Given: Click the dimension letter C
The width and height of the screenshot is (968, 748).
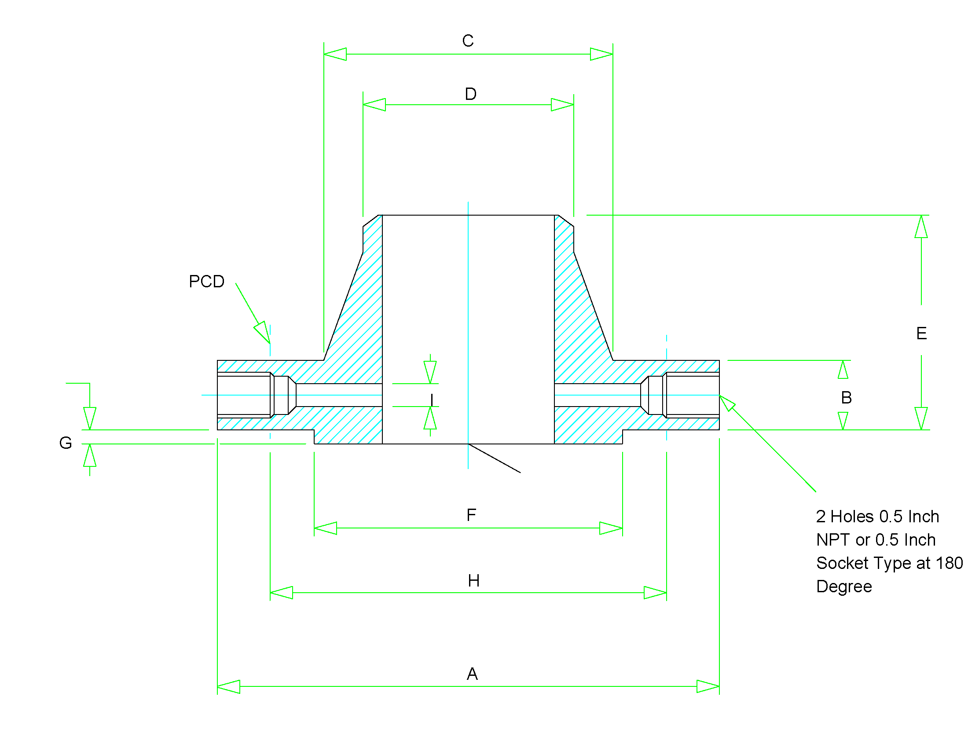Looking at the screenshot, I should [468, 41].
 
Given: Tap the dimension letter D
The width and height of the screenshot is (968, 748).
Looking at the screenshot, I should [470, 94].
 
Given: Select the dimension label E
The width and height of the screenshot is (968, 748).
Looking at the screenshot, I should [921, 333].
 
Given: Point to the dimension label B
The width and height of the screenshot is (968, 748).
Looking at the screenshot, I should [846, 397].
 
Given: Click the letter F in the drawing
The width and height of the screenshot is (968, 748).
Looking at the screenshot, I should [471, 515].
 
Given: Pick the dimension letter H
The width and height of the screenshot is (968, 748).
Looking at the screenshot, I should [473, 580].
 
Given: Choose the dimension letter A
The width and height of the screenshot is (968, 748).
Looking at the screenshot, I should [472, 674].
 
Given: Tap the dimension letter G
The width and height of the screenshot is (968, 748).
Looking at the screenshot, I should [66, 443].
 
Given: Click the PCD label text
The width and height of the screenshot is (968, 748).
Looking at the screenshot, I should [206, 282].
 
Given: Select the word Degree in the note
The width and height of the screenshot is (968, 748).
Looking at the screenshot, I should [844, 586].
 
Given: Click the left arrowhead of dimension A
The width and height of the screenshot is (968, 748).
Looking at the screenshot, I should [228, 686].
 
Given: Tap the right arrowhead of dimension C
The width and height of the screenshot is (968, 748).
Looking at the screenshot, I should [602, 55].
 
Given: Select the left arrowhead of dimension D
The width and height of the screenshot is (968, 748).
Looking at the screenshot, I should [374, 105].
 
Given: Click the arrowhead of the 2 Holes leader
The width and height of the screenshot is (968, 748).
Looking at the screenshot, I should [726, 402].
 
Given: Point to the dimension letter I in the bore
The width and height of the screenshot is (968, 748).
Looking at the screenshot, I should [432, 400].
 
